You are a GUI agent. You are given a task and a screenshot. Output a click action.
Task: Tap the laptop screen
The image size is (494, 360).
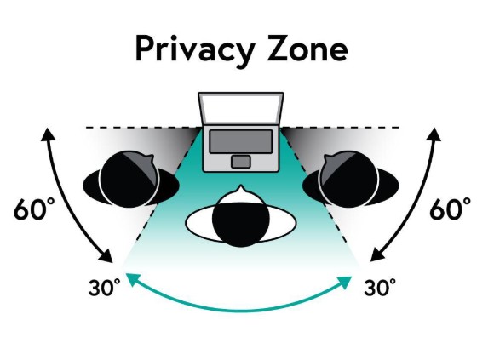coord(241,108)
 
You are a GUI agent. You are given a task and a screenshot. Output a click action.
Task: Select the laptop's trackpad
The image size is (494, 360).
coord(241,162)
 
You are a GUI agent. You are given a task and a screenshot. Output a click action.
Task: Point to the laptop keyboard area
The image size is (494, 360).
coord(241,141)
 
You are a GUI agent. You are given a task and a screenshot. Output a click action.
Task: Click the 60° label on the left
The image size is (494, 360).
coord(34,209)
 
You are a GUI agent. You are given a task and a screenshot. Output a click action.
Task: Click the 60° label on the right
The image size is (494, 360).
coord(451,209)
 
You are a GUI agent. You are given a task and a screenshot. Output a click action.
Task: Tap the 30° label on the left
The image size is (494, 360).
coord(105,288)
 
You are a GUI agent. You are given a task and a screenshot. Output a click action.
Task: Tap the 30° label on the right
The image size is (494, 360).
coord(380,288)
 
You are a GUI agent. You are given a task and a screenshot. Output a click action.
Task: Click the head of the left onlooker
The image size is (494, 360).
coord(129,179)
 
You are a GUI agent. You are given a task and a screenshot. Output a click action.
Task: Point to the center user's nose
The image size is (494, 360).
coord(241,189)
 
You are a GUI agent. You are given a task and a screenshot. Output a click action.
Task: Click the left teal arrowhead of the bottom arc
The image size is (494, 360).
coord(132,279)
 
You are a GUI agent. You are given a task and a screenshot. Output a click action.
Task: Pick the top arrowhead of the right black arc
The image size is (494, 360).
coord(434,134)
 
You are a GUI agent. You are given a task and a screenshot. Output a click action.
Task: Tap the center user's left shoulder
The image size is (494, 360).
coord(198,223)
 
